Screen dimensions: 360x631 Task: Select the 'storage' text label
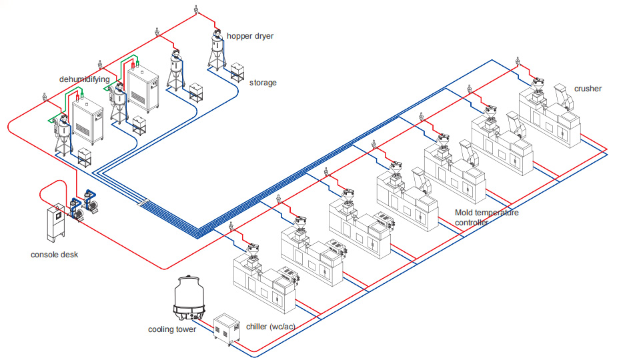tap(263, 83)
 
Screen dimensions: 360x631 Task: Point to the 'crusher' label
tap(587, 88)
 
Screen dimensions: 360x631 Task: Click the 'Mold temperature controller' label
tap(486, 217)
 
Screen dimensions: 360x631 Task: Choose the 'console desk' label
tap(55, 255)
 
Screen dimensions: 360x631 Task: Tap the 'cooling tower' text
tap(172, 329)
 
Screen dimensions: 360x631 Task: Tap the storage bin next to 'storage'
tap(238, 71)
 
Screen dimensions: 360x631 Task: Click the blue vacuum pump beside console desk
tap(89, 203)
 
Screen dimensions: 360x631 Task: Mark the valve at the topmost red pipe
tap(195, 11)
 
